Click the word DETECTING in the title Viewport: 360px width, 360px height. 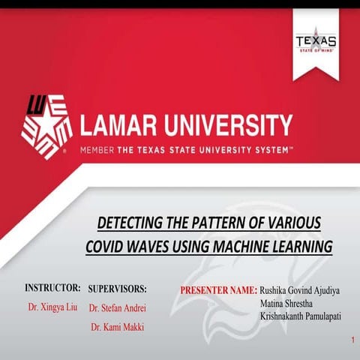pos(135,223)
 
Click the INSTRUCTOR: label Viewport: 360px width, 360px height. pos(52,287)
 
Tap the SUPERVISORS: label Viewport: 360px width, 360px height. pos(118,288)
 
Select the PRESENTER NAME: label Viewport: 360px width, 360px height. pos(219,289)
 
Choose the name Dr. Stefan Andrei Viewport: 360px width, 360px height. pos(117,307)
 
